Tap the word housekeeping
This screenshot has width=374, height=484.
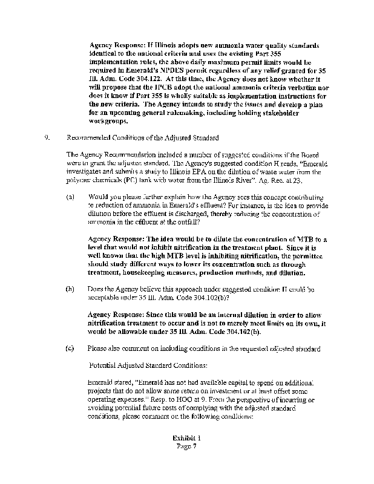point(148,272)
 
